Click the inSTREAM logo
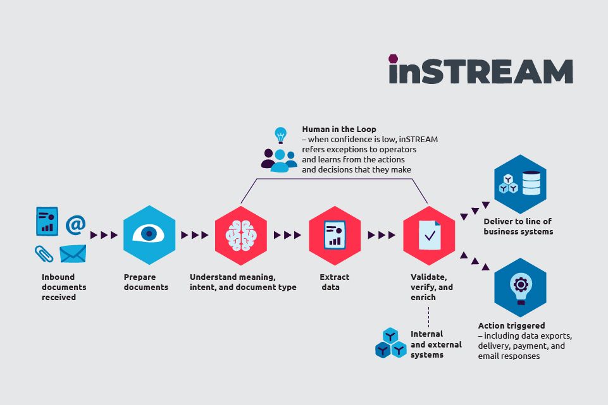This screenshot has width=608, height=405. [480, 70]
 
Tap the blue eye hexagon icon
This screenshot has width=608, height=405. [149, 234]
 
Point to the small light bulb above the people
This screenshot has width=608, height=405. [280, 135]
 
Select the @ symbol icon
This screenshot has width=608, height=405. [75, 224]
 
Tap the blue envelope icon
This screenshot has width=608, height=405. [73, 253]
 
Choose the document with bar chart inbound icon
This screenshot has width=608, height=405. [47, 222]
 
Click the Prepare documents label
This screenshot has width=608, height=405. [146, 282]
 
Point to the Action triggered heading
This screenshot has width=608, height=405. [511, 326]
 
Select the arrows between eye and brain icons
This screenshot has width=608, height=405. [195, 235]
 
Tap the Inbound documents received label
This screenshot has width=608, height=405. [64, 287]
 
